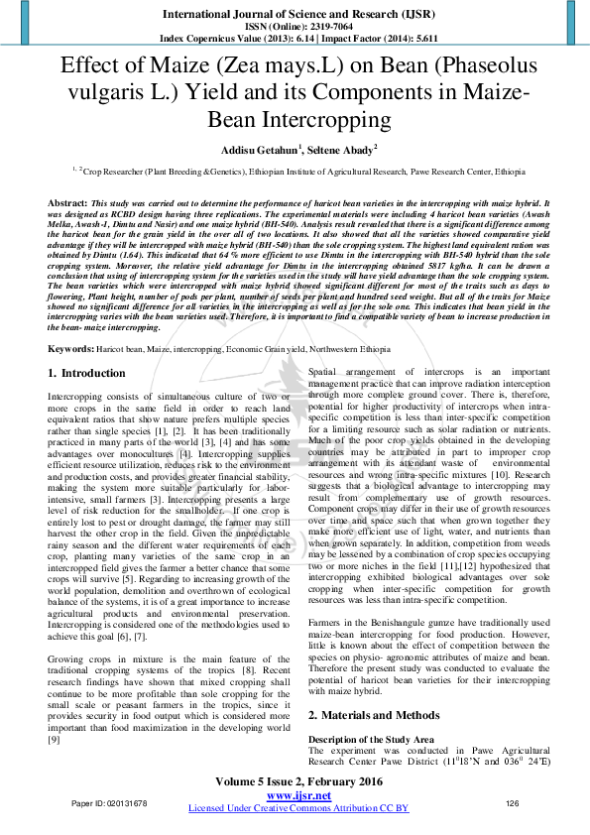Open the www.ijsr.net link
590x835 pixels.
[298, 795]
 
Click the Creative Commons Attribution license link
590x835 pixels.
[298, 808]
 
